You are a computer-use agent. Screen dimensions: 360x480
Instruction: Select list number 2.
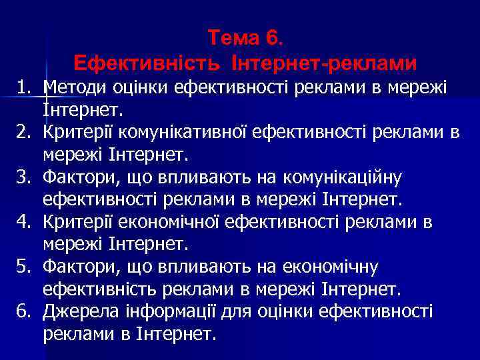coord(24,133)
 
